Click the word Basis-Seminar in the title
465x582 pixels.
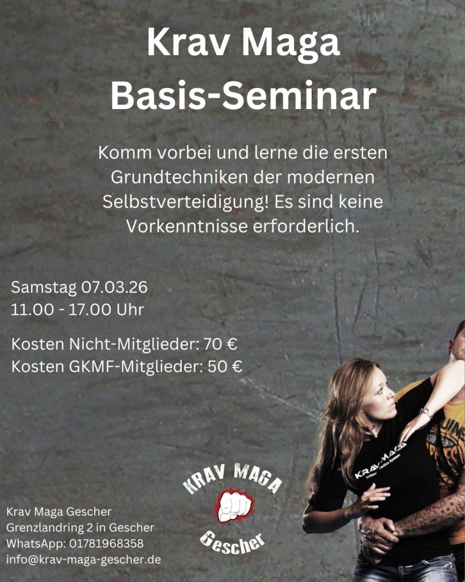(x=243, y=95)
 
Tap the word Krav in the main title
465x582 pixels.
(x=188, y=42)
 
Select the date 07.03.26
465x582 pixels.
(x=114, y=287)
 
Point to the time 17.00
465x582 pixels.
(x=90, y=310)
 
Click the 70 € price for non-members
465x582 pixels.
(x=220, y=344)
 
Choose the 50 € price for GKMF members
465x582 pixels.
(x=225, y=367)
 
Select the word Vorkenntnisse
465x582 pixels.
(x=187, y=226)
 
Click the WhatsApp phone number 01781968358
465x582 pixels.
(x=106, y=543)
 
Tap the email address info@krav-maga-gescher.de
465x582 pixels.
(x=83, y=559)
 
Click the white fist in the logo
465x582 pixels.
(x=234, y=506)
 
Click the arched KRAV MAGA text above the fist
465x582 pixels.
(x=233, y=479)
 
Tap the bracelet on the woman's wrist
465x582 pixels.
(x=426, y=413)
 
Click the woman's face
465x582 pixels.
(x=380, y=394)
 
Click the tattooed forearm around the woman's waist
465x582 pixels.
(x=426, y=514)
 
